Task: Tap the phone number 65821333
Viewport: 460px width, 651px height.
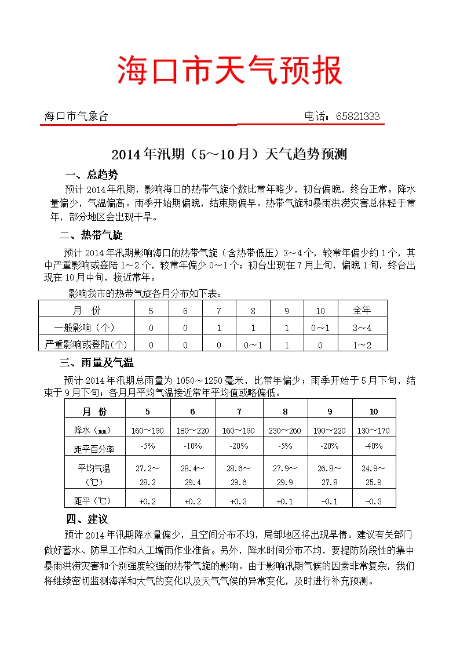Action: click(x=357, y=117)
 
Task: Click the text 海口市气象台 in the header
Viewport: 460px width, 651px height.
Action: click(x=76, y=117)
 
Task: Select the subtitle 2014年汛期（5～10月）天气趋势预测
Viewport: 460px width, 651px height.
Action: click(x=229, y=155)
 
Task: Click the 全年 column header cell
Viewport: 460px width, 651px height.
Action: click(x=362, y=311)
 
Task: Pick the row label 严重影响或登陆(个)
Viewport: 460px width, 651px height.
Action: click(x=86, y=344)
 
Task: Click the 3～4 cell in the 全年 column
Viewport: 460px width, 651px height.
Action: click(x=362, y=328)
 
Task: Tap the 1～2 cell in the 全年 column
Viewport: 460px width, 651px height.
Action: click(x=362, y=344)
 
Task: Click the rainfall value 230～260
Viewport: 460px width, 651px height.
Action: click(x=285, y=431)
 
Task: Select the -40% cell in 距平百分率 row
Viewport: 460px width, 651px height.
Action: click(x=374, y=446)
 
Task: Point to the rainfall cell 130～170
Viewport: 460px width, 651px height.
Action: click(x=374, y=431)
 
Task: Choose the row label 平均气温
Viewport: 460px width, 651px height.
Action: click(x=94, y=468)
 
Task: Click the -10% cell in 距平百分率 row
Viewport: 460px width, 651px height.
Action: click(x=192, y=446)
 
